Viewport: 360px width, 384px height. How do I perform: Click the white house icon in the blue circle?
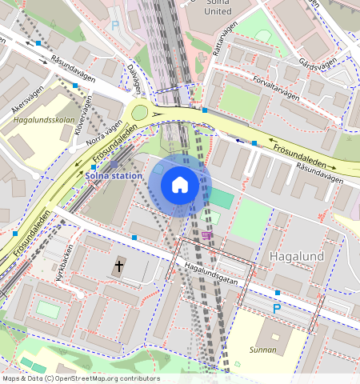(180, 186)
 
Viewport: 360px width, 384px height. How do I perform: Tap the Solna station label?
(114, 175)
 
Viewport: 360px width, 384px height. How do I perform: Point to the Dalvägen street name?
(138, 78)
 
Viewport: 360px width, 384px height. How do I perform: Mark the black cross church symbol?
(119, 266)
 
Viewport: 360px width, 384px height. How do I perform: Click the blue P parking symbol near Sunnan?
(277, 308)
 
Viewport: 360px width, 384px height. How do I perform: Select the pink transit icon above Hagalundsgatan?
(208, 235)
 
